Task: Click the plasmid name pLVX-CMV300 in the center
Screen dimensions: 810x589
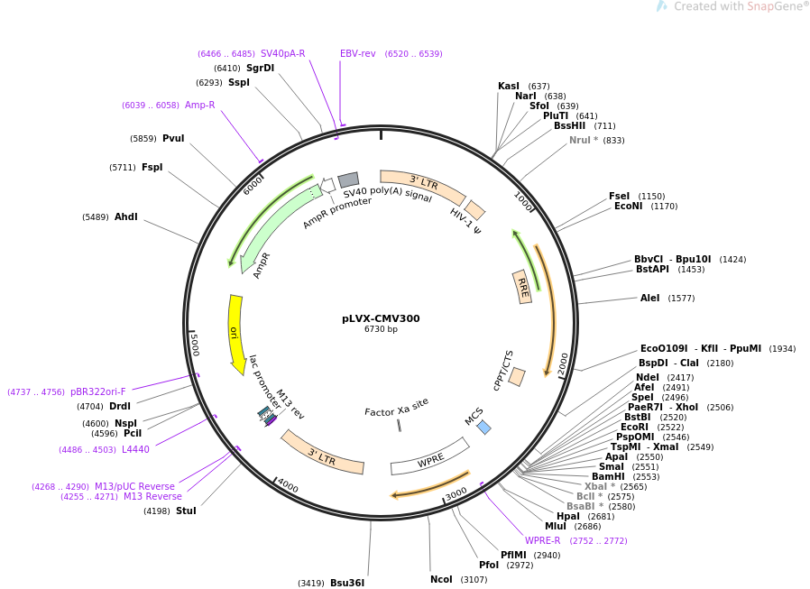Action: tap(381, 318)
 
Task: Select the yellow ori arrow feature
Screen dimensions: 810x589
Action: tap(235, 333)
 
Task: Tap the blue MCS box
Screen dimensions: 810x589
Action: tap(484, 428)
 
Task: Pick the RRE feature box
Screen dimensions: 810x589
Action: tap(522, 287)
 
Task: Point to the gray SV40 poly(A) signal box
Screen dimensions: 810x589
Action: tap(348, 179)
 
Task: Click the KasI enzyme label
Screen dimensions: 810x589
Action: tap(509, 86)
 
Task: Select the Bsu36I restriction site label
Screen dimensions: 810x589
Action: tap(347, 583)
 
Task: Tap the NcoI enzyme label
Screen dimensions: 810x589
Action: tap(441, 579)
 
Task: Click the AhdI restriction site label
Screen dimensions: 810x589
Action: tap(126, 216)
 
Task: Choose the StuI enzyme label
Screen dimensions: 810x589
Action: tap(186, 511)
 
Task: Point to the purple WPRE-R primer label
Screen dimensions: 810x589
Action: tap(542, 540)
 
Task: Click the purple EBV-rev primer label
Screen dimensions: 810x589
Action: tap(357, 53)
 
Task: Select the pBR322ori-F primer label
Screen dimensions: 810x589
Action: tap(97, 391)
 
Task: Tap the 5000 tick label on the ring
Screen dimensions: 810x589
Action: tap(195, 345)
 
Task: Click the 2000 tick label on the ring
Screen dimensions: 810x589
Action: tap(563, 364)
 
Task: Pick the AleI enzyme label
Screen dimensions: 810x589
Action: tap(649, 298)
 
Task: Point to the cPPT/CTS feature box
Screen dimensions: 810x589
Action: tap(517, 377)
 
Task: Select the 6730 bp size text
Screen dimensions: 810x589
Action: tap(381, 328)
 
